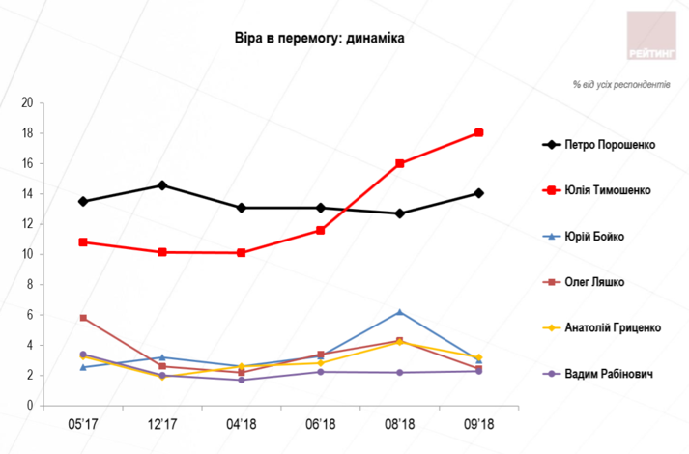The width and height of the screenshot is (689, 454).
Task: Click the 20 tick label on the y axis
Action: tap(27, 102)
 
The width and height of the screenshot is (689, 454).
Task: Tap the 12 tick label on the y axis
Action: tap(27, 224)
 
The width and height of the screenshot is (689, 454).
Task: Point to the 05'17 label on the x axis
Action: tap(83, 424)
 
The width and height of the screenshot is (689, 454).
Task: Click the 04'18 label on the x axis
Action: tap(242, 424)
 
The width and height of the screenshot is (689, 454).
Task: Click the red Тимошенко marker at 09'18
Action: tap(478, 133)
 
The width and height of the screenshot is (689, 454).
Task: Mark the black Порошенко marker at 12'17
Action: tap(162, 185)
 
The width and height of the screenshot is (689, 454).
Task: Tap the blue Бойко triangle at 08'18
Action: tap(399, 312)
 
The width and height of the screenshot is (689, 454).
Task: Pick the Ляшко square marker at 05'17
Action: tap(83, 318)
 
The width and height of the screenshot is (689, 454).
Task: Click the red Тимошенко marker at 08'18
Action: tap(399, 163)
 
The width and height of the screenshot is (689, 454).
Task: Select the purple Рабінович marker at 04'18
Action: tap(242, 380)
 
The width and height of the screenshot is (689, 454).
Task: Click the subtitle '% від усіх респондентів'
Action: tap(620, 85)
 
